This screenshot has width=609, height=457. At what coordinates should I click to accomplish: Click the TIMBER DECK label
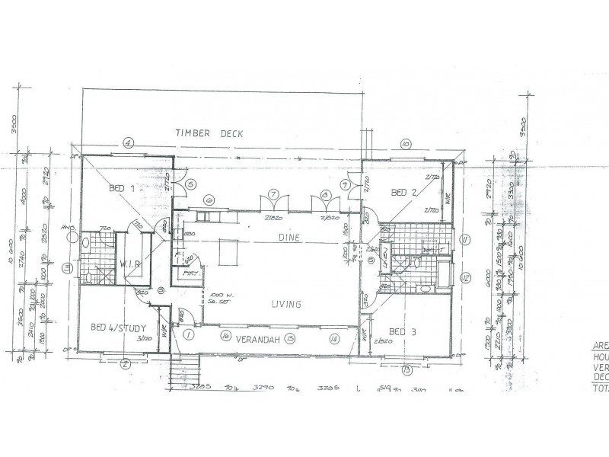click(x=209, y=133)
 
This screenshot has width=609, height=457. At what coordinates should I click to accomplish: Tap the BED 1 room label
click(x=122, y=188)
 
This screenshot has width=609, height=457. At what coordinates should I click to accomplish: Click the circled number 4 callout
click(x=129, y=142)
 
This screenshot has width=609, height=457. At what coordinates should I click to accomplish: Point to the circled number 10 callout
click(x=406, y=142)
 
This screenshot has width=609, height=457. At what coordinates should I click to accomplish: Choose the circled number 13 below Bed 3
click(x=407, y=369)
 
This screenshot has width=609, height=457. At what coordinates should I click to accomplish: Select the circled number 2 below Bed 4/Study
click(x=123, y=365)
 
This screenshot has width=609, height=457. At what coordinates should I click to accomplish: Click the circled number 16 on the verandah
click(x=225, y=335)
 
